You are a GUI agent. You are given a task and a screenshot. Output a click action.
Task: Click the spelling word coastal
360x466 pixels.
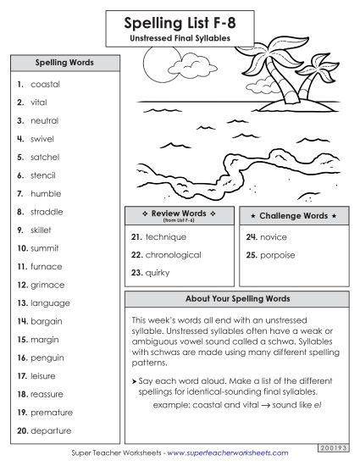[45, 85]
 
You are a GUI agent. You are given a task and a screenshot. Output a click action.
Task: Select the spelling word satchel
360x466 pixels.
[47, 157]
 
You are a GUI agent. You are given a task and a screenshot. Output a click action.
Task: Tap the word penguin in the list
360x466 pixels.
[47, 358]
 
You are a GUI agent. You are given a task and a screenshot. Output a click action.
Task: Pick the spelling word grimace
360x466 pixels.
[47, 285]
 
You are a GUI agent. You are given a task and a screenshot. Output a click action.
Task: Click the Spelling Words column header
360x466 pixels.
[64, 63]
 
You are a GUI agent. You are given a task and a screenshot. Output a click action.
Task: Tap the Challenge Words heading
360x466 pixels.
[293, 216]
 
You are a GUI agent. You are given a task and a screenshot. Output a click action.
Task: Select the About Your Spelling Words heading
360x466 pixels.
[237, 299]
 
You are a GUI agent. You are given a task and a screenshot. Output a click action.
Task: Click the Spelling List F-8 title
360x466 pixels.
[180, 24]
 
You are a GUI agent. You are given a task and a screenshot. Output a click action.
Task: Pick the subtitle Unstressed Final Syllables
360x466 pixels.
[180, 38]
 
